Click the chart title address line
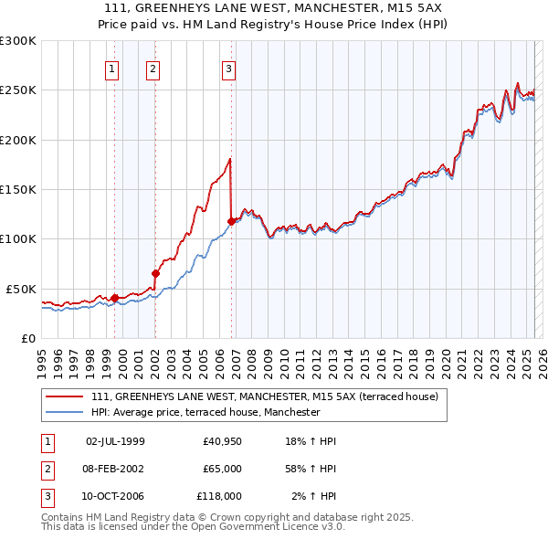coord(273,7)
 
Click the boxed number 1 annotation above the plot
coord(111,68)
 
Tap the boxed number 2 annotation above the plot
coord(153,68)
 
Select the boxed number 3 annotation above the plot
coord(228,68)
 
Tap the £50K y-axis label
coord(21,289)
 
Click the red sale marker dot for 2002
coord(155,273)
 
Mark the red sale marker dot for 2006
coord(231,220)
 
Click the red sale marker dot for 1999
coord(114,297)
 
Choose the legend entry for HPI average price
coord(205,412)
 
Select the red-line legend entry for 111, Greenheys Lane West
coord(265,397)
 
